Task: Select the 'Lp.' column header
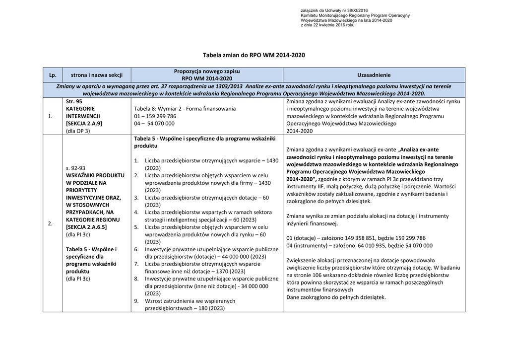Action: tap(53, 75)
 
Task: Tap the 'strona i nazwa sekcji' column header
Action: tap(96, 75)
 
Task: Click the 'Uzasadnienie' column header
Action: tap(374, 75)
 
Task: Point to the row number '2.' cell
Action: tap(51, 223)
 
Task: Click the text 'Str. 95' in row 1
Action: tap(74, 101)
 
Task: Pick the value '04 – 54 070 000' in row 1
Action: tap(154, 123)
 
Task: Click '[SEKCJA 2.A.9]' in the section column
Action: tap(84, 123)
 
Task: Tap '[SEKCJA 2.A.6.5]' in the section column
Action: tap(86, 227)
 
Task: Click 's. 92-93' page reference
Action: tap(75, 168)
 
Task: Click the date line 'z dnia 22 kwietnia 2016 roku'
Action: tap(327, 25)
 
